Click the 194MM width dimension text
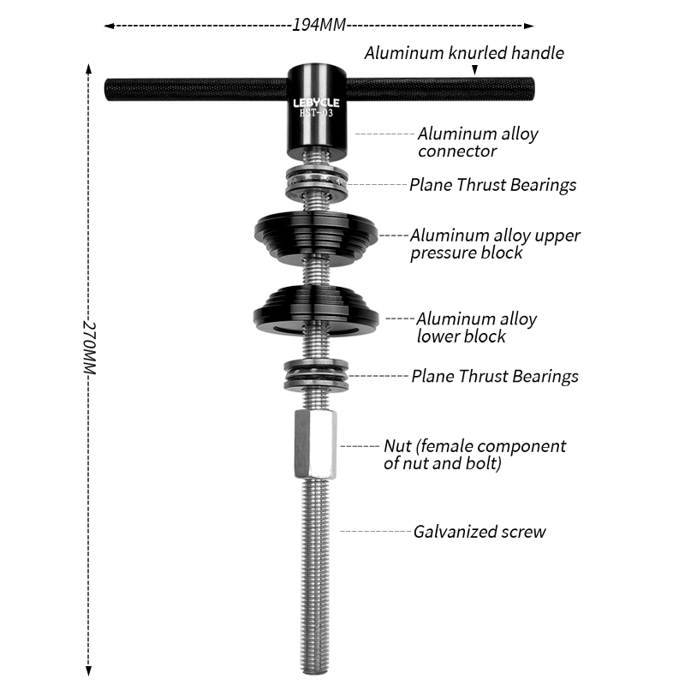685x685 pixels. (x=319, y=25)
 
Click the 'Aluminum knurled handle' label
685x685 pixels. (x=464, y=53)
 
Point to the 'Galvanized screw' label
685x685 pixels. (x=479, y=532)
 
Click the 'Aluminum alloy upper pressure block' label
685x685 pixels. (x=495, y=243)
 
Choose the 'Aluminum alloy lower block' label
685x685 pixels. (x=477, y=327)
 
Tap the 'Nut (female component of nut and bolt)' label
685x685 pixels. (x=474, y=455)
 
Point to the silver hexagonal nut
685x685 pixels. (x=315, y=444)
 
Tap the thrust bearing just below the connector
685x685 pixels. (x=316, y=182)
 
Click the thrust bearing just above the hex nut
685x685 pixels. (x=316, y=375)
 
